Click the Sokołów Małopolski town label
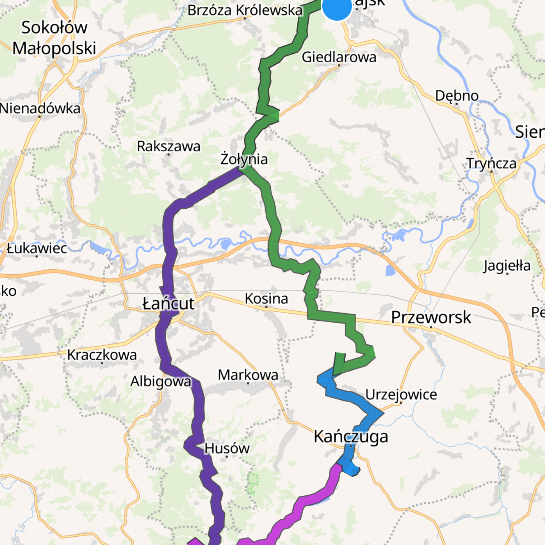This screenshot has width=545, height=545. click(x=54, y=38)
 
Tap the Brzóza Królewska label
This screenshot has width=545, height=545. click(x=245, y=10)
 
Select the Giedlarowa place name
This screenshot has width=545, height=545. click(x=339, y=57)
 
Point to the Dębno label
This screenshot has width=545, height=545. click(x=457, y=96)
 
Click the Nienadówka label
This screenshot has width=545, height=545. click(x=40, y=108)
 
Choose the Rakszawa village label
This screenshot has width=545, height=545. click(x=168, y=146)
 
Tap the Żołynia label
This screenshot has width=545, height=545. click(x=244, y=159)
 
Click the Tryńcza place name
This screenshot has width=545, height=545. click(x=491, y=163)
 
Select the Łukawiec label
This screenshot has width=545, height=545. click(x=37, y=248)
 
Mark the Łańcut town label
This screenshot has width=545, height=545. click(x=168, y=303)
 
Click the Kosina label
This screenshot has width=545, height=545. click(x=266, y=298)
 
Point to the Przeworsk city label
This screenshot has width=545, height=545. click(x=431, y=317)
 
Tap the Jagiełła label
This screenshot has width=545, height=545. click(x=507, y=266)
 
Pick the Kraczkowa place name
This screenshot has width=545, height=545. click(x=102, y=355)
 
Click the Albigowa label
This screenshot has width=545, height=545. click(x=161, y=381)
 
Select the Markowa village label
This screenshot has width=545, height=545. click(x=248, y=375)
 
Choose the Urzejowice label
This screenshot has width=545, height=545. click(x=401, y=394)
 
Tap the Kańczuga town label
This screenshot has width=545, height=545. click(x=351, y=437)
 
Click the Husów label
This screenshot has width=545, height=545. click(x=227, y=448)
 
